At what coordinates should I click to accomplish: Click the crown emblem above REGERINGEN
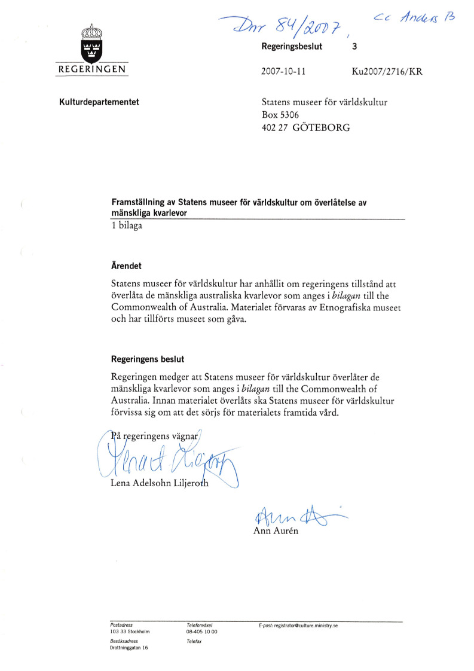pyautogui.click(x=91, y=42)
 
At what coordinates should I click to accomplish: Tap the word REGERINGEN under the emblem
pyautogui.click(x=91, y=70)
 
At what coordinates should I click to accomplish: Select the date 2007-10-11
pyautogui.click(x=283, y=71)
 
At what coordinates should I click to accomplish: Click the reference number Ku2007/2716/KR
pyautogui.click(x=387, y=71)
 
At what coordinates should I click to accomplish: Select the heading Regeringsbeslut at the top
pyautogui.click(x=292, y=47)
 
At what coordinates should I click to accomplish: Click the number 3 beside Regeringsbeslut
pyautogui.click(x=355, y=47)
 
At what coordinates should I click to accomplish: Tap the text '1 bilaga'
pyautogui.click(x=127, y=225)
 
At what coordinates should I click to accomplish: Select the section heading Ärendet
pyautogui.click(x=126, y=265)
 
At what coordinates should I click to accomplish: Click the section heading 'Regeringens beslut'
pyautogui.click(x=148, y=359)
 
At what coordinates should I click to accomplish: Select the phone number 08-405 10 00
pyautogui.click(x=202, y=631)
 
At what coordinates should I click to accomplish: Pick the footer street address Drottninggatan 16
pyautogui.click(x=129, y=648)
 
